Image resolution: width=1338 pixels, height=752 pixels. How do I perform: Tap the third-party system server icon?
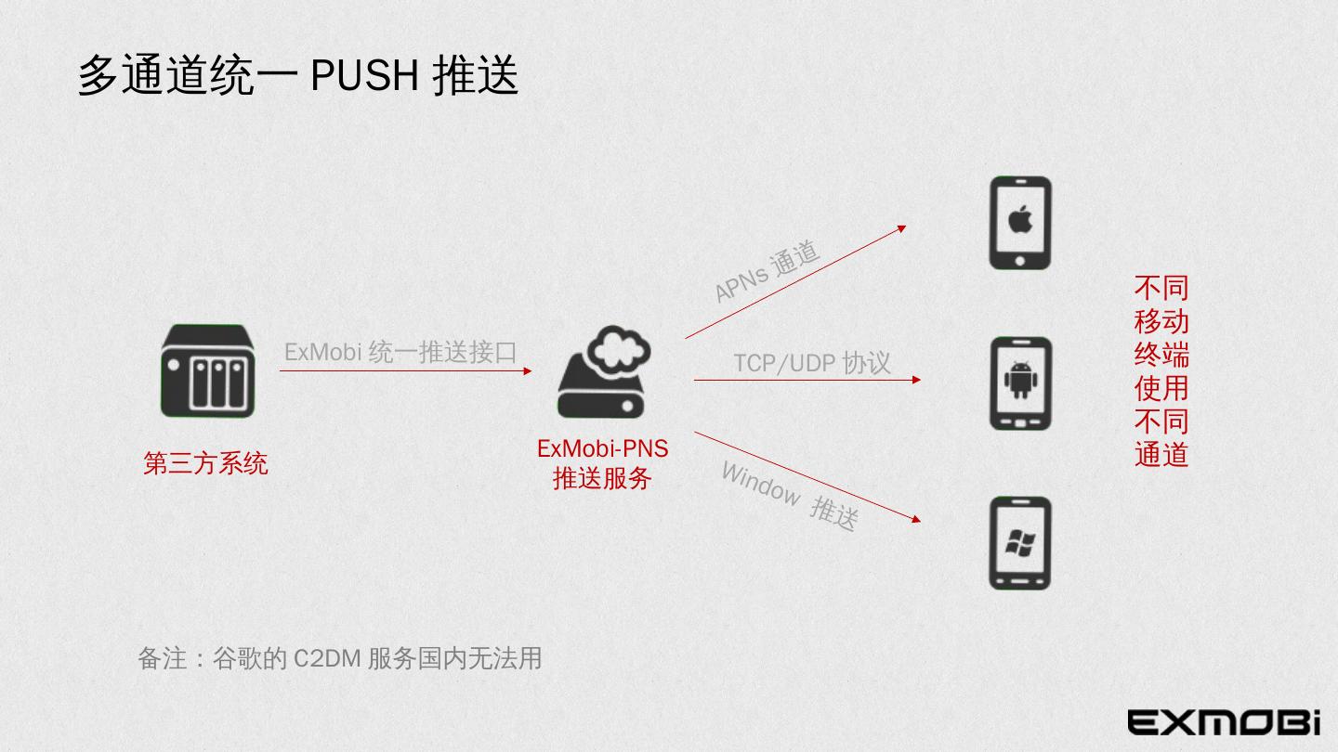pyautogui.click(x=207, y=371)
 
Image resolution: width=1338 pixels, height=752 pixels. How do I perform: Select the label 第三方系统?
pyautogui.click(x=205, y=463)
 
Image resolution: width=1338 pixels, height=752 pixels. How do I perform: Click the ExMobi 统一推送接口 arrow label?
pyautogui.click(x=400, y=352)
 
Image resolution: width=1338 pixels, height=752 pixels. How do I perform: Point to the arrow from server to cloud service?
pyautogui.click(x=405, y=370)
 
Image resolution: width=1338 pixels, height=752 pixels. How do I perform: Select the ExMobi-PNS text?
pyautogui.click(x=602, y=448)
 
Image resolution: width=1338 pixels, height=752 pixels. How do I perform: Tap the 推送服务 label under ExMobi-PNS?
pyautogui.click(x=602, y=479)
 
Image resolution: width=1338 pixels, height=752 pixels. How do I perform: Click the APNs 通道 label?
pyautogui.click(x=767, y=271)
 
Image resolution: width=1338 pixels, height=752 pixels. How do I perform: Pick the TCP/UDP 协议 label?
pyautogui.click(x=812, y=362)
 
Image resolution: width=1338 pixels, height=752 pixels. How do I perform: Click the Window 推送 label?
pyautogui.click(x=789, y=497)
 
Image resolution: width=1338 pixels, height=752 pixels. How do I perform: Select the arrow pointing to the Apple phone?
pyautogui.click(x=795, y=281)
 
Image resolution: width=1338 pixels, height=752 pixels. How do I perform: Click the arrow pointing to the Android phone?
pyautogui.click(x=807, y=380)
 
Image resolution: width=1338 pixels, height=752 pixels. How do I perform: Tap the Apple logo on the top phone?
pyautogui.click(x=1020, y=220)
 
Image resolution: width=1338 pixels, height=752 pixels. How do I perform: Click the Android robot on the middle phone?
pyautogui.click(x=1020, y=379)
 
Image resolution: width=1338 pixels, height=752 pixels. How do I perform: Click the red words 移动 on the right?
pyautogui.click(x=1161, y=321)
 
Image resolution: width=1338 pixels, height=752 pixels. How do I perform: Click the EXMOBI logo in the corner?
pyautogui.click(x=1224, y=721)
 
